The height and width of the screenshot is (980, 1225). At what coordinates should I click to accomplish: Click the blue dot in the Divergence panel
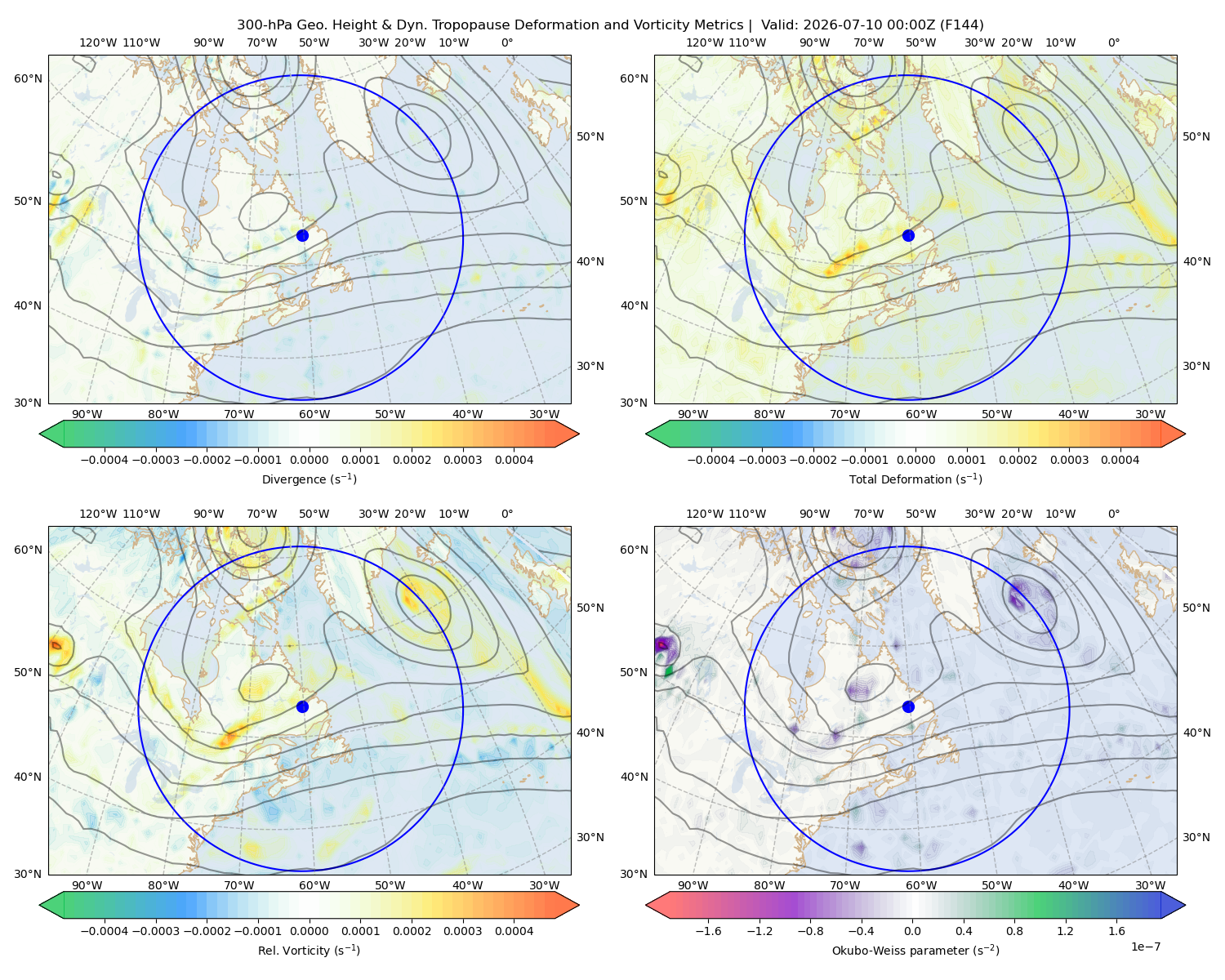click(302, 235)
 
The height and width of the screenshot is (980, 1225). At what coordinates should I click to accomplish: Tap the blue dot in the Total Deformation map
click(908, 235)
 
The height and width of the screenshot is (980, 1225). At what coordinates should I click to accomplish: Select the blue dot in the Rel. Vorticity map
click(302, 706)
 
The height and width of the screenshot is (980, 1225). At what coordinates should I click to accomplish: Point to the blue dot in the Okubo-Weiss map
click(908, 706)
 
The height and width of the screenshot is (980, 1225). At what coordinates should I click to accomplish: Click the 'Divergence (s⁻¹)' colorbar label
click(309, 479)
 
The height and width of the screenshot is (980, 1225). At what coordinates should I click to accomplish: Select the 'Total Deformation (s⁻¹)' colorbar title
click(915, 479)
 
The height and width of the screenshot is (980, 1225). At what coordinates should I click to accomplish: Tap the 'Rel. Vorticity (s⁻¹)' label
click(309, 950)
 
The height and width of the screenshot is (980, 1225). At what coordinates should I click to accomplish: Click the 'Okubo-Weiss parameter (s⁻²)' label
click(915, 950)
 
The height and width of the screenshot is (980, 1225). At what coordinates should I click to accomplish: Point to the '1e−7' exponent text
click(1145, 947)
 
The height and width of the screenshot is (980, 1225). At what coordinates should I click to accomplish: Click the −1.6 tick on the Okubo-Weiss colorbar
click(709, 930)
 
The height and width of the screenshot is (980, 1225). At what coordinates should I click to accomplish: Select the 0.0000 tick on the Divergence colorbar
click(309, 460)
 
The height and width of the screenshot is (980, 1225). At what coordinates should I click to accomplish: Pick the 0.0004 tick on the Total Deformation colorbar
click(1120, 460)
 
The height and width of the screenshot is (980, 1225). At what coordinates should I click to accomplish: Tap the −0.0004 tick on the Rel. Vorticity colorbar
click(105, 930)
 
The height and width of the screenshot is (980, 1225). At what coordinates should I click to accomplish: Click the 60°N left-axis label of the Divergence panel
click(28, 78)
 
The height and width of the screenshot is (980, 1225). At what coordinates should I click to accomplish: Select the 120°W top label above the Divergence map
click(98, 42)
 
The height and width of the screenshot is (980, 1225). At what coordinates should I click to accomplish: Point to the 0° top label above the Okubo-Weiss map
click(1113, 514)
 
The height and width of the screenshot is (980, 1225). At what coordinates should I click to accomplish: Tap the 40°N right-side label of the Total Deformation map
click(1196, 261)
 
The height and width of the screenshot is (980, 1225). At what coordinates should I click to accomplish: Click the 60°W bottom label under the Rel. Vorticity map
click(314, 885)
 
